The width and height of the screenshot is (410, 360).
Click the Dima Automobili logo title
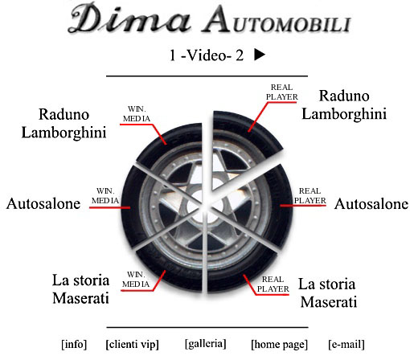[210, 18]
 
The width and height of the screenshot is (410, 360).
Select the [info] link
[74, 344]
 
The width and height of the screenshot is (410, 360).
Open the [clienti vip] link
[133, 344]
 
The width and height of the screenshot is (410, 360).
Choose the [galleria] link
[206, 344]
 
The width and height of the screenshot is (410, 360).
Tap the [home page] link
[279, 344]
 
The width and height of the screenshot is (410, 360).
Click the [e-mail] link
[346, 344]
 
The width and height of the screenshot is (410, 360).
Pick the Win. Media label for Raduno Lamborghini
[137, 114]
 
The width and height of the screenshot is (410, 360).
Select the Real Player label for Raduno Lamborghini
[281, 92]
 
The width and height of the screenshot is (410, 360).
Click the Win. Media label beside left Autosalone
[105, 196]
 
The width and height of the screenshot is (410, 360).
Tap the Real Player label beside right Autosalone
[310, 195]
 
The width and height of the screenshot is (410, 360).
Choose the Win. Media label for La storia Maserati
[136, 280]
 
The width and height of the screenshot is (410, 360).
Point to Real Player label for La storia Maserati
[273, 284]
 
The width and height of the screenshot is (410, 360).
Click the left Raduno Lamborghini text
[64, 124]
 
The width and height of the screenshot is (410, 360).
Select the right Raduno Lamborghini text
[344, 104]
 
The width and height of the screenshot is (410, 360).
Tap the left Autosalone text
[43, 203]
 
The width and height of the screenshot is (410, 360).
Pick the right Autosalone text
[371, 204]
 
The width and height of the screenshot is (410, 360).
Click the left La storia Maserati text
[80, 289]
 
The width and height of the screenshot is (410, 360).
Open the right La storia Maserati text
[327, 292]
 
